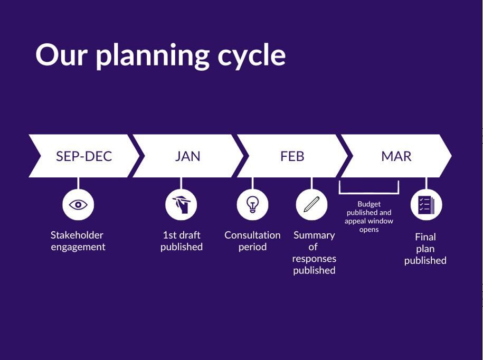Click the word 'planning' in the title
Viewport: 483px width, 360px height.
point(153,56)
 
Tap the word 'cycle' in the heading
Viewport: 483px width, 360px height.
point(252,56)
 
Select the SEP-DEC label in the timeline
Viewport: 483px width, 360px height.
point(84,156)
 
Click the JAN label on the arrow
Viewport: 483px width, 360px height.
point(187,156)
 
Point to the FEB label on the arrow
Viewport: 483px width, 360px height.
point(292,156)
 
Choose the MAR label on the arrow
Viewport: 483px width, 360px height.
point(396,156)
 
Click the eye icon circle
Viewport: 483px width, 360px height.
point(78,205)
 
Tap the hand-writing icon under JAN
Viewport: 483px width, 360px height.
point(181,205)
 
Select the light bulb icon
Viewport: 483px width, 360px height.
point(253,205)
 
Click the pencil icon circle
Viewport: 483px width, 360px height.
point(312,205)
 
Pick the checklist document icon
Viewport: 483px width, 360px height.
point(427,205)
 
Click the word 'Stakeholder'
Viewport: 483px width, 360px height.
point(77,235)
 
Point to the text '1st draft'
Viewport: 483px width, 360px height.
point(182,235)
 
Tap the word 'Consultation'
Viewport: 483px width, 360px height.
point(253,235)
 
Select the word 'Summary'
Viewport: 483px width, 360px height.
point(314,236)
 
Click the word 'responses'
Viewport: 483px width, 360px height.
point(314,259)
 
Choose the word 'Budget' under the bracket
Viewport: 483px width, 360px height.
point(369,204)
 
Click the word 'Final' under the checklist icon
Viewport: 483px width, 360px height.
point(425,237)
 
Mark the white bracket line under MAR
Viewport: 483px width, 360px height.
point(369,193)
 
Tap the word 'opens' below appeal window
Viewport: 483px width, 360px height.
point(369,230)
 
